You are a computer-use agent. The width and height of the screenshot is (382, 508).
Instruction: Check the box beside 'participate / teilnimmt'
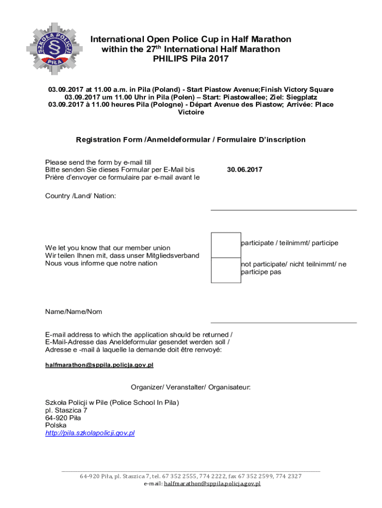click(226, 245)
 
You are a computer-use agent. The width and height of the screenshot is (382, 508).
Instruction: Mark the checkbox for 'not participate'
click(226, 270)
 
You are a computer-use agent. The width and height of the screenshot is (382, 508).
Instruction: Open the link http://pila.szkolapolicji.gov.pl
click(90, 433)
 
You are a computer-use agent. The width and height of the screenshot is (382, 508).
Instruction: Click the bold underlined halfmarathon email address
click(99, 365)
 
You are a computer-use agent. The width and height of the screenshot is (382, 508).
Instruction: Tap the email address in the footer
click(212, 483)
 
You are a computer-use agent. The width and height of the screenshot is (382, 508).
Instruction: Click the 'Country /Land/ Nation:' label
click(80, 196)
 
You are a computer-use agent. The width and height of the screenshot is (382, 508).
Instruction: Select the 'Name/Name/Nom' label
click(73, 312)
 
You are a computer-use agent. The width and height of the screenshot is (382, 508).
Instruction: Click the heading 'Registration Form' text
click(109, 140)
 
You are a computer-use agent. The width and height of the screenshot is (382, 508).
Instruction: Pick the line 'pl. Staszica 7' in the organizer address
click(66, 410)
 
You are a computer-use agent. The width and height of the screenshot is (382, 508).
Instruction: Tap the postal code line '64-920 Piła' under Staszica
click(63, 418)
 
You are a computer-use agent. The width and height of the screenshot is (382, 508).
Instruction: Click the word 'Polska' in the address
click(56, 425)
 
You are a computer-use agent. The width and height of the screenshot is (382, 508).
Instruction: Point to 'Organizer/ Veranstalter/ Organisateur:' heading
click(191, 387)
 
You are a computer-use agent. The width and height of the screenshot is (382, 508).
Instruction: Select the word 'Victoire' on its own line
click(191, 113)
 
